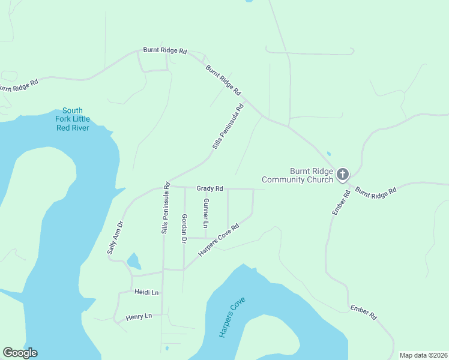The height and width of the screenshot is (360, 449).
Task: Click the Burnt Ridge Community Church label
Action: pyautogui.click(x=297, y=175)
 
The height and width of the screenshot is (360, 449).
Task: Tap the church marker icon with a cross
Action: pyautogui.click(x=342, y=175)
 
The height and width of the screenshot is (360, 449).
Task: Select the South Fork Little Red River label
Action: pyautogui.click(x=73, y=119)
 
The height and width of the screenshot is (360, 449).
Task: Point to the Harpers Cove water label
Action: pyautogui.click(x=232, y=317)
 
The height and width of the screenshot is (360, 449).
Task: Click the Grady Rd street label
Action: pyautogui.click(x=209, y=188)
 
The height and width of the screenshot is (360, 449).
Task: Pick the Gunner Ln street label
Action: pyautogui.click(x=206, y=213)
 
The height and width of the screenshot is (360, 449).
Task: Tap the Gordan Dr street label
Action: pyautogui.click(x=184, y=228)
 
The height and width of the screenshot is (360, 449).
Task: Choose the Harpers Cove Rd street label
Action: pyautogui.click(x=218, y=241)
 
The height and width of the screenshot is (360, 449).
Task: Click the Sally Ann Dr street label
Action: pyautogui.click(x=115, y=237)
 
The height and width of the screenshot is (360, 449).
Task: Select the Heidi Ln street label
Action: pyautogui.click(x=146, y=292)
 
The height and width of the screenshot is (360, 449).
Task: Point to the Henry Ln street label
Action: pyautogui.click(x=139, y=316)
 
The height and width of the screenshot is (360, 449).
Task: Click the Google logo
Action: pyautogui.click(x=20, y=353)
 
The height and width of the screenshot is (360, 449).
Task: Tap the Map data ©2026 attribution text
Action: pyautogui.click(x=423, y=355)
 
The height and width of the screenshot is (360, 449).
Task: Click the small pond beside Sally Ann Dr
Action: pyautogui.click(x=133, y=261)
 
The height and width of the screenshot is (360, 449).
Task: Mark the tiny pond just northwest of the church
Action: pyautogui.click(x=328, y=153)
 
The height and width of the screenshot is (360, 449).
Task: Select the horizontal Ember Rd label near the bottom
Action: pyautogui.click(x=364, y=311)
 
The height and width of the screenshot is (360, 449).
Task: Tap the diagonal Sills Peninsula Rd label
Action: pyautogui.click(x=228, y=127)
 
